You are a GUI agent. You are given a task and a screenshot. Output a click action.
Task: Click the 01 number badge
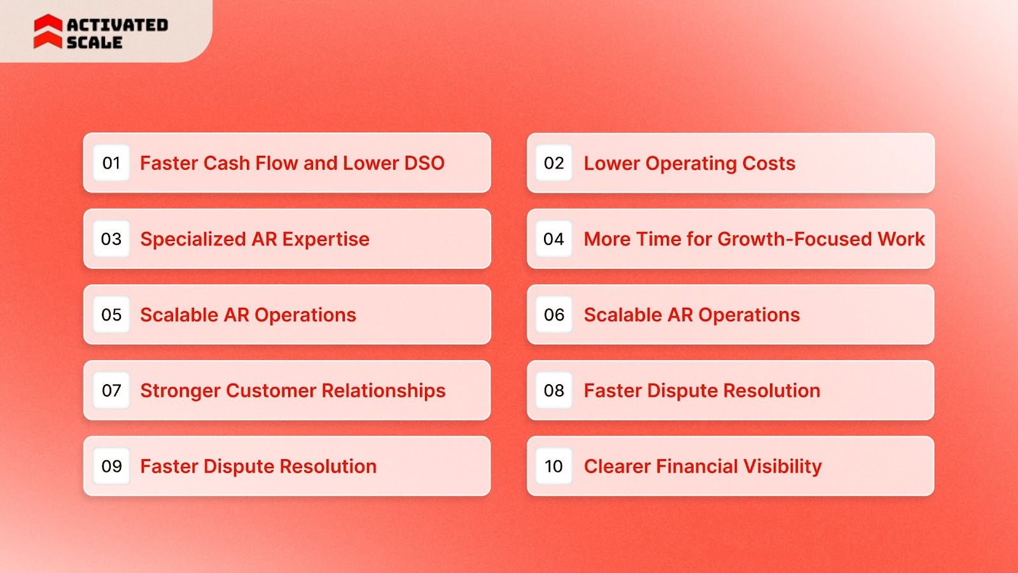coord(111,163)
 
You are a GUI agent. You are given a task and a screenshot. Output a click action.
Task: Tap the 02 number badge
coord(554,163)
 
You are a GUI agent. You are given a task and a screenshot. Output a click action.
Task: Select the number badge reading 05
coord(111,315)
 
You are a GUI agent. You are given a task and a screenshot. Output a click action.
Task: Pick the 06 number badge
coord(554,315)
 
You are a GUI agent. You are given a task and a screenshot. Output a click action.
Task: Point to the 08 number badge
coord(554,390)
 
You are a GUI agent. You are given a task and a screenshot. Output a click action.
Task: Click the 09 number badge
coord(111,466)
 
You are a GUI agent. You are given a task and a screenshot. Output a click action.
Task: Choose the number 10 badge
coord(554,466)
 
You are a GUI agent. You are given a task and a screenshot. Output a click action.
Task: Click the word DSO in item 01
coord(424,163)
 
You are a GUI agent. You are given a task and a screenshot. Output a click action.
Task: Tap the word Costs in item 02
coord(769,163)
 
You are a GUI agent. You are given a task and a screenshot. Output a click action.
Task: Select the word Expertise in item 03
coord(326,239)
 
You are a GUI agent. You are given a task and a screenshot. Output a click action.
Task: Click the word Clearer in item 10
coord(617,467)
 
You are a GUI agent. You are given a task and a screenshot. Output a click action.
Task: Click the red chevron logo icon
coord(48,32)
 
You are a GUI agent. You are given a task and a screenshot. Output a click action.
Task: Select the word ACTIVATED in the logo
coord(118,25)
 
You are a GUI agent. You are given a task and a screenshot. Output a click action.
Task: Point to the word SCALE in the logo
coord(94,43)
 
